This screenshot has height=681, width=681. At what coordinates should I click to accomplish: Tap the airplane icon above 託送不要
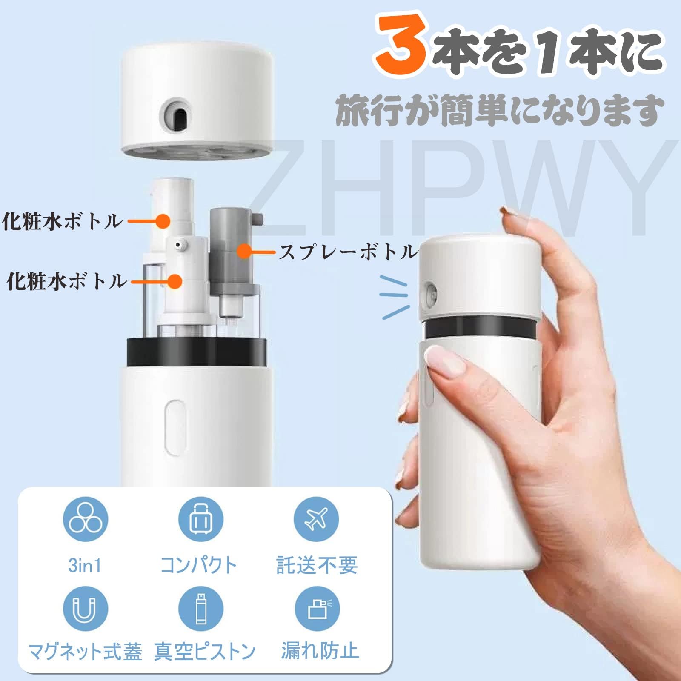click(x=316, y=519)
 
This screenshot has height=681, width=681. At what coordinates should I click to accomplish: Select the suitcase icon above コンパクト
click(x=200, y=519)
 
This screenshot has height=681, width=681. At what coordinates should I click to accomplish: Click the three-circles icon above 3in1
click(x=86, y=519)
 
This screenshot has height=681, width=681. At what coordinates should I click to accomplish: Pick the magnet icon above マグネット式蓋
click(x=86, y=608)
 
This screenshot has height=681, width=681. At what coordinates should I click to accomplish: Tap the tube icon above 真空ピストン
click(x=200, y=608)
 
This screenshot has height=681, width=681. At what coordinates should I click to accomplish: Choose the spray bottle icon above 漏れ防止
click(x=316, y=608)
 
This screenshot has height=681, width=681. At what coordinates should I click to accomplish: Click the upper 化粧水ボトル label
click(x=62, y=221)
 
